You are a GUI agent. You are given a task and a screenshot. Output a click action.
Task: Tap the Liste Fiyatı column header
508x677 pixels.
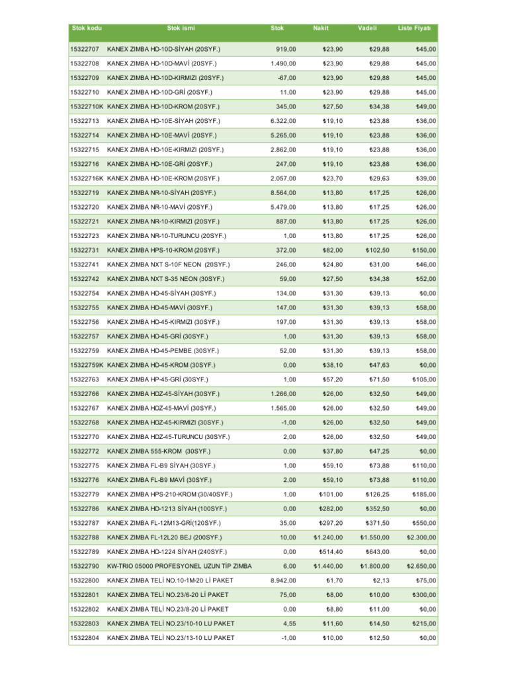[414, 28]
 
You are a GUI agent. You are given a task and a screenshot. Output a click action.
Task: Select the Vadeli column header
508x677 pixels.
[367, 28]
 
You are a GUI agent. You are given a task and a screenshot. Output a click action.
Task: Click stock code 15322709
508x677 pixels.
[85, 78]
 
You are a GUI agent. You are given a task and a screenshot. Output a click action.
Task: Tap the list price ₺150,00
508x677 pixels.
[424, 251]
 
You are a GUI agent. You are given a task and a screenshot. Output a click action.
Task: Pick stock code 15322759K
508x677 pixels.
[87, 365]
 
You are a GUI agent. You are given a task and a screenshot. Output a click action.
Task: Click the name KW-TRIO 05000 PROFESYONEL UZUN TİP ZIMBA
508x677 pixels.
[179, 567]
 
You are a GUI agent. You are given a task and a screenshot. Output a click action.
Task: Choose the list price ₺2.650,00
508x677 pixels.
[421, 567]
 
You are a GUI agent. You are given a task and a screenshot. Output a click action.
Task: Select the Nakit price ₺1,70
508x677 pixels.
[335, 580]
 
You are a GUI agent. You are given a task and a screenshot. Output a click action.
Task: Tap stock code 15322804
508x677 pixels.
[85, 638]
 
